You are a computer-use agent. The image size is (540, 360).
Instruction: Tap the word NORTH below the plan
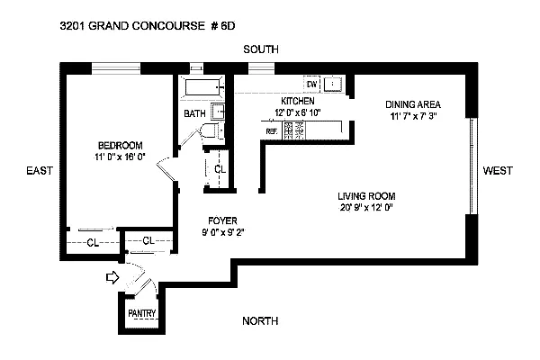click(x=260, y=321)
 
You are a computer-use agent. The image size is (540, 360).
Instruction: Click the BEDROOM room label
click(x=121, y=145)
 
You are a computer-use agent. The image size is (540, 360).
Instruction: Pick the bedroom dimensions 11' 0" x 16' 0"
click(x=121, y=157)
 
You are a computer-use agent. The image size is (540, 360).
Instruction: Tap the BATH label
click(x=194, y=114)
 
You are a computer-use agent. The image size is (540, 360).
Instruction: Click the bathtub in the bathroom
click(x=202, y=89)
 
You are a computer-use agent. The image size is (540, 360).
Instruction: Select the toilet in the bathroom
click(x=208, y=133)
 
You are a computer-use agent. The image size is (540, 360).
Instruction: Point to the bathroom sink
click(x=217, y=112)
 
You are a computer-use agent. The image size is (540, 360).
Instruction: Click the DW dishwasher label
click(x=311, y=84)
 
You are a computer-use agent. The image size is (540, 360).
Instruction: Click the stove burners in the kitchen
click(x=293, y=130)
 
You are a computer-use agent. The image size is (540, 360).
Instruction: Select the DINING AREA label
click(x=412, y=103)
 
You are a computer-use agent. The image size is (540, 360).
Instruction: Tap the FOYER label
click(x=221, y=219)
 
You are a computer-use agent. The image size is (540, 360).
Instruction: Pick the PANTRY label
click(x=142, y=313)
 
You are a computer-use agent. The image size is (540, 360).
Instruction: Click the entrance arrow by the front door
click(x=112, y=278)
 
